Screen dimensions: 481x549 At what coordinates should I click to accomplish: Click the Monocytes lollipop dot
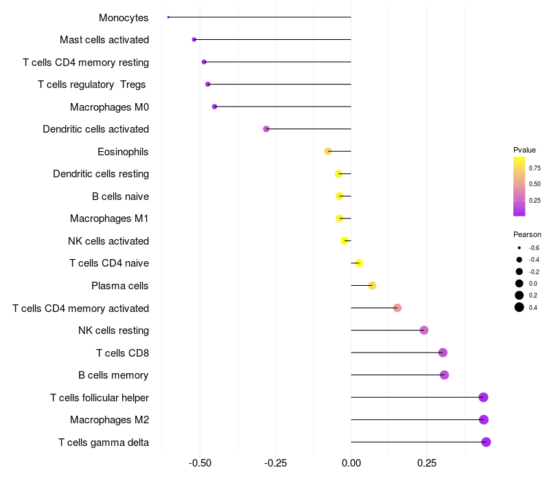point(168,17)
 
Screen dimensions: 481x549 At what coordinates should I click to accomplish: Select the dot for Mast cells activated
point(194,40)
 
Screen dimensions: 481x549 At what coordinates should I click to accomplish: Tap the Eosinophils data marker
point(328,151)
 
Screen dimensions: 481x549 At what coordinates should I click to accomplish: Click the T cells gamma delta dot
point(486,442)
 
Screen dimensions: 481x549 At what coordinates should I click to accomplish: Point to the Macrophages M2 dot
point(484,420)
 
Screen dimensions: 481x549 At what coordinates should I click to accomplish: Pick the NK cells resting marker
point(424,331)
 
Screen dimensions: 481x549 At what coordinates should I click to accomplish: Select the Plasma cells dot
point(372,286)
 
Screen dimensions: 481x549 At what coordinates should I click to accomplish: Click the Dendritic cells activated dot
point(266,129)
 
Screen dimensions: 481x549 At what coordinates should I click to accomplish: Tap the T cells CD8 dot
point(443,353)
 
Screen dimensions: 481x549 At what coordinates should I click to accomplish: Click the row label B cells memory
point(113,375)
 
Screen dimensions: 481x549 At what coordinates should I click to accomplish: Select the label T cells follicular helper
point(100,398)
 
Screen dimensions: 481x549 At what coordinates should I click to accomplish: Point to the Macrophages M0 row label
point(109,107)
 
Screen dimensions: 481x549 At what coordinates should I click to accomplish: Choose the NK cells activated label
point(108,241)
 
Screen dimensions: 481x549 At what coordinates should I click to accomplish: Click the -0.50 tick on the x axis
point(200,463)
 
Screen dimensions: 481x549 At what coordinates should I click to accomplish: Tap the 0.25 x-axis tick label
point(427,463)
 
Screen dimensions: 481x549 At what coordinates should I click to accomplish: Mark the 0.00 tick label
point(351,463)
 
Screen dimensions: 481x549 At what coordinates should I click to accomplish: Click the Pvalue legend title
point(524,150)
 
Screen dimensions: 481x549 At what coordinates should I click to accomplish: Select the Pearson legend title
point(527,234)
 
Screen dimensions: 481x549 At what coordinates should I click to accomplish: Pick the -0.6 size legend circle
point(519,247)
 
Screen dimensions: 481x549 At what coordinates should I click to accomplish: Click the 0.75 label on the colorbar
point(535,168)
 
